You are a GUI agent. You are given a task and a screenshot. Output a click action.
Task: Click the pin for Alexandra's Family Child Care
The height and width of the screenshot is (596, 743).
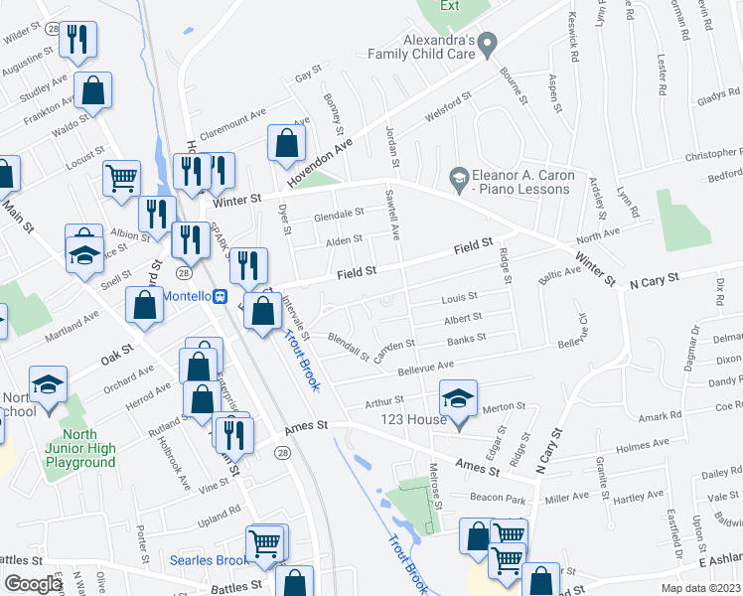pyautogui.click(x=487, y=45)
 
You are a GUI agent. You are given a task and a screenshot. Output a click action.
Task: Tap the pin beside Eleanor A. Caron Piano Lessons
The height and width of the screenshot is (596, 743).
pyautogui.click(x=458, y=180)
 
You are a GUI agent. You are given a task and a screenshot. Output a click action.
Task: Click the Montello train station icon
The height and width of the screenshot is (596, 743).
pyautogui.click(x=222, y=296)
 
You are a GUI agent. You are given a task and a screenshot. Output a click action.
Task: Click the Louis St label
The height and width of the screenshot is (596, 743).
pyautogui.click(x=460, y=297)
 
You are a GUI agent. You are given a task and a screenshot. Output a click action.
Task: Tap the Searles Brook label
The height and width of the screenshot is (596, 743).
pyautogui.click(x=206, y=560)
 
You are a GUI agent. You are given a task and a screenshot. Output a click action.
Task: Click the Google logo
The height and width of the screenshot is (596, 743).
pyautogui.click(x=33, y=584)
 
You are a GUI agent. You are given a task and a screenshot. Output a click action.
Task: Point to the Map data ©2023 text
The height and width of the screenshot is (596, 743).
pyautogui.click(x=700, y=588)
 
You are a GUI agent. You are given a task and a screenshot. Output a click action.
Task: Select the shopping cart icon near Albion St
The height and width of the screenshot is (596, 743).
pyautogui.click(x=121, y=180)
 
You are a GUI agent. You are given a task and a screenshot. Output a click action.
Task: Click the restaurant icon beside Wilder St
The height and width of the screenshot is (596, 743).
pyautogui.click(x=76, y=40)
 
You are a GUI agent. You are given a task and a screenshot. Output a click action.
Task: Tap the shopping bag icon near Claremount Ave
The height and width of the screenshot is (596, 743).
pyautogui.click(x=286, y=143)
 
